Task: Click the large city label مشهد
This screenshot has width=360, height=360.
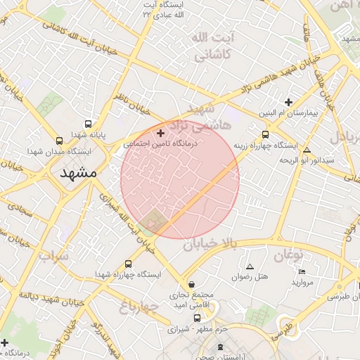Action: click(77, 173)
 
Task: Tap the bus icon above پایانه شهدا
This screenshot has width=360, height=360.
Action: click(87, 122)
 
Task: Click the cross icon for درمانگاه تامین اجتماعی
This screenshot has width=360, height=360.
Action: click(161, 133)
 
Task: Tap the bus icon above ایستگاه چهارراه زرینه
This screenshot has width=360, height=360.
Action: click(265, 134)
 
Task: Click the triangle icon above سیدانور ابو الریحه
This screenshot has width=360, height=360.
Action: click(306, 150)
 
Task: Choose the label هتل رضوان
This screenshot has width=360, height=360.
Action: click(250, 277)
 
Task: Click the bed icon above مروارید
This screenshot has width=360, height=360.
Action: click(302, 271)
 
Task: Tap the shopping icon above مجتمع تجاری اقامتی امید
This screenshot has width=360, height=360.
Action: click(192, 284)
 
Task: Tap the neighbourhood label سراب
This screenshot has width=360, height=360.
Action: click(53, 255)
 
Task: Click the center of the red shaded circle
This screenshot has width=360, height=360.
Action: click(180, 179)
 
